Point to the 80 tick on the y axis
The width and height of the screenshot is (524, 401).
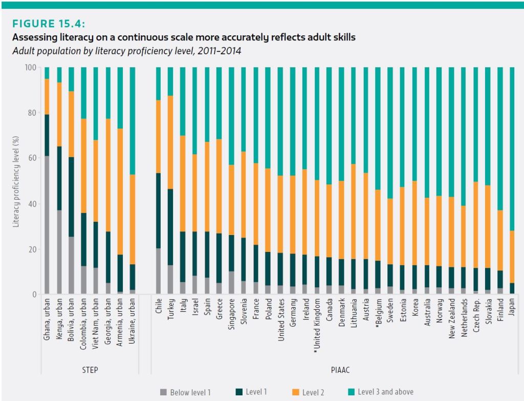point(34,113)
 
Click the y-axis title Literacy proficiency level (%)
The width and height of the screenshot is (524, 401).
point(16,181)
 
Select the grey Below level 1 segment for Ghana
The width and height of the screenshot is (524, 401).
point(47,225)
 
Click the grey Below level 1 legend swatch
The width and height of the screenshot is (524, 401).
point(163,392)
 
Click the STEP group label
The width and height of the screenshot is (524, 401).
point(90,369)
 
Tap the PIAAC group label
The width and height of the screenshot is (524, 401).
point(336,369)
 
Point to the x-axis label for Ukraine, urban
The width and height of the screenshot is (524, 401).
point(133,328)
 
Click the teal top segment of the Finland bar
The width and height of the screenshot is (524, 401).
point(499,138)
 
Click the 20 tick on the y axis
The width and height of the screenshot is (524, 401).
point(34,249)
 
